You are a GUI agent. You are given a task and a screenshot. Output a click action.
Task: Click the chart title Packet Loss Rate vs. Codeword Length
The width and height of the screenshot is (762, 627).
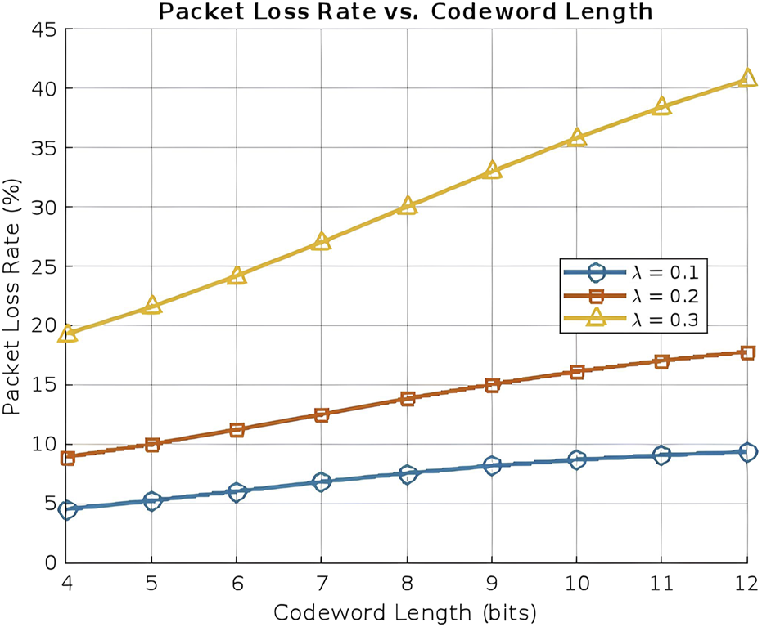click(406, 11)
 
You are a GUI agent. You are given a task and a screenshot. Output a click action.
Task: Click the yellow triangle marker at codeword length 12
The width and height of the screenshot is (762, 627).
click(746, 78)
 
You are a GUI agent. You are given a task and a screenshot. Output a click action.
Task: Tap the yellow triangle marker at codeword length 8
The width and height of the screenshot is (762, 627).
click(407, 206)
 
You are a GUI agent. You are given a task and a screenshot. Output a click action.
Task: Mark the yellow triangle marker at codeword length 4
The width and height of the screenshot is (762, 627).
click(67, 333)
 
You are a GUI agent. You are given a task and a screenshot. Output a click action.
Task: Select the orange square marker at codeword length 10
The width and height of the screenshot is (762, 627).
click(577, 371)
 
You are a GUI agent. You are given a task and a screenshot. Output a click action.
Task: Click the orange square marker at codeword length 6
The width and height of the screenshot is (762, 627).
click(237, 429)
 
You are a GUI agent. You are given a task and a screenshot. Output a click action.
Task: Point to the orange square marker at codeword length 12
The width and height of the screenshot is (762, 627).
click(746, 352)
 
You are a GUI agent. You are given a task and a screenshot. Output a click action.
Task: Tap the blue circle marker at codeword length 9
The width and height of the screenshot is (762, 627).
click(492, 465)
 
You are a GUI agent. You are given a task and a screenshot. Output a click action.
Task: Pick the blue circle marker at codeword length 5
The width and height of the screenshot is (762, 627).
click(152, 501)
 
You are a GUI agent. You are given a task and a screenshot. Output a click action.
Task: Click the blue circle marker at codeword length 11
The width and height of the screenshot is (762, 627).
click(661, 455)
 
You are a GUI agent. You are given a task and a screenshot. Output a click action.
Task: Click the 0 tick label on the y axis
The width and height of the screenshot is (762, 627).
click(50, 563)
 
